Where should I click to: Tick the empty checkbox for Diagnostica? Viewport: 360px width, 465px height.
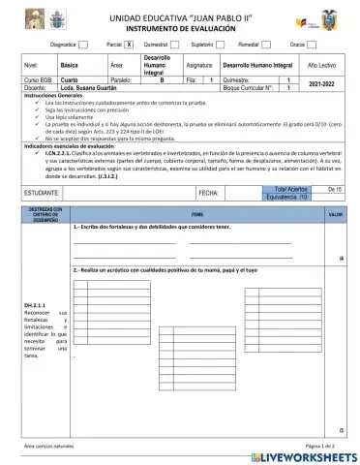(x=83, y=45)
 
